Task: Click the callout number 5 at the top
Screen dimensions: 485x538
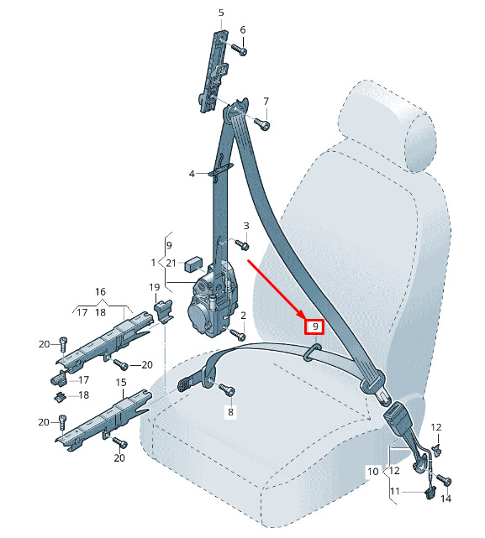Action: point(221,13)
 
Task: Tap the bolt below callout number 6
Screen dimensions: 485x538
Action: point(240,50)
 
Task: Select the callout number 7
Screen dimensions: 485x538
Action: point(266,102)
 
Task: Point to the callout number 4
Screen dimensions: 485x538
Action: point(192,174)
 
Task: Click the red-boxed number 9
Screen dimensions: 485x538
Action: point(315,326)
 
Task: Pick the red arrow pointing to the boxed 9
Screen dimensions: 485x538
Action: point(277,290)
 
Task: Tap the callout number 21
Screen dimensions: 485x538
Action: point(171,264)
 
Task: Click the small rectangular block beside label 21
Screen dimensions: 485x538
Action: point(193,264)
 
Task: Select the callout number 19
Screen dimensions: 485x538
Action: point(155,287)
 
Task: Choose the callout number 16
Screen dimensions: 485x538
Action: point(100,291)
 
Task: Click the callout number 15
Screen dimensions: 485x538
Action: point(121,382)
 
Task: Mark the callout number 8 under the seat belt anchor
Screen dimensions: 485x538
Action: point(230,412)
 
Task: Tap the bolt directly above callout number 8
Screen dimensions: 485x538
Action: point(227,389)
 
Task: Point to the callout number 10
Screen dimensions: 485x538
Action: point(373,472)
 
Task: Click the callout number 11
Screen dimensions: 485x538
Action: point(395,492)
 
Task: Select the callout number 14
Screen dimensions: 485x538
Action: point(445,499)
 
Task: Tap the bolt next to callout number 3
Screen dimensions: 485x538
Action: point(241,244)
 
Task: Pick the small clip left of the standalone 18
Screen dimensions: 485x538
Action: point(61,397)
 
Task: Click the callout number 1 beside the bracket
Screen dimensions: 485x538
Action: point(153,263)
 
